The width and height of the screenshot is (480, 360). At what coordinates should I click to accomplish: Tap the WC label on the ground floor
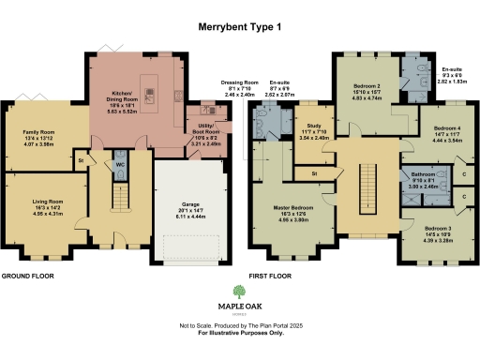(x=121, y=164)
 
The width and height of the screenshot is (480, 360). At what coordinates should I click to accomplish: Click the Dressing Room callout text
(x=240, y=89)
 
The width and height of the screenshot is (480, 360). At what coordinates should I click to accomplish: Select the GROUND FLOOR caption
(x=28, y=277)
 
